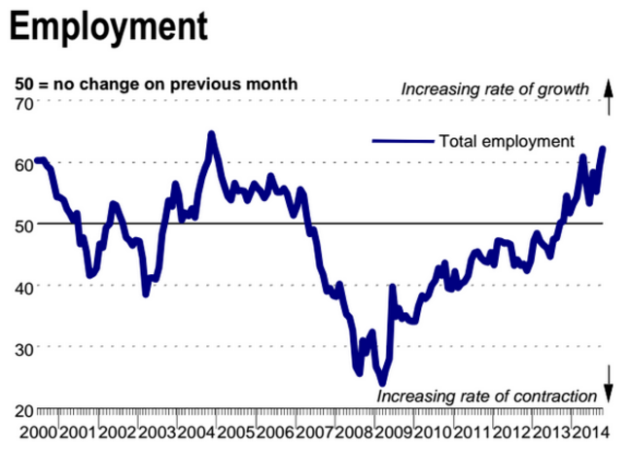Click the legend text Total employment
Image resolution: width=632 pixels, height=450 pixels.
pos(507,141)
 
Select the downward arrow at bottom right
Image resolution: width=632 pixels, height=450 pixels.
pos(609,385)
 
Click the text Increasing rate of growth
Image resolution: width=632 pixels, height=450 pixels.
pos(496,90)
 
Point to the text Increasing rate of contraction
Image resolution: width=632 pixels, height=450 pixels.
pos(485,397)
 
